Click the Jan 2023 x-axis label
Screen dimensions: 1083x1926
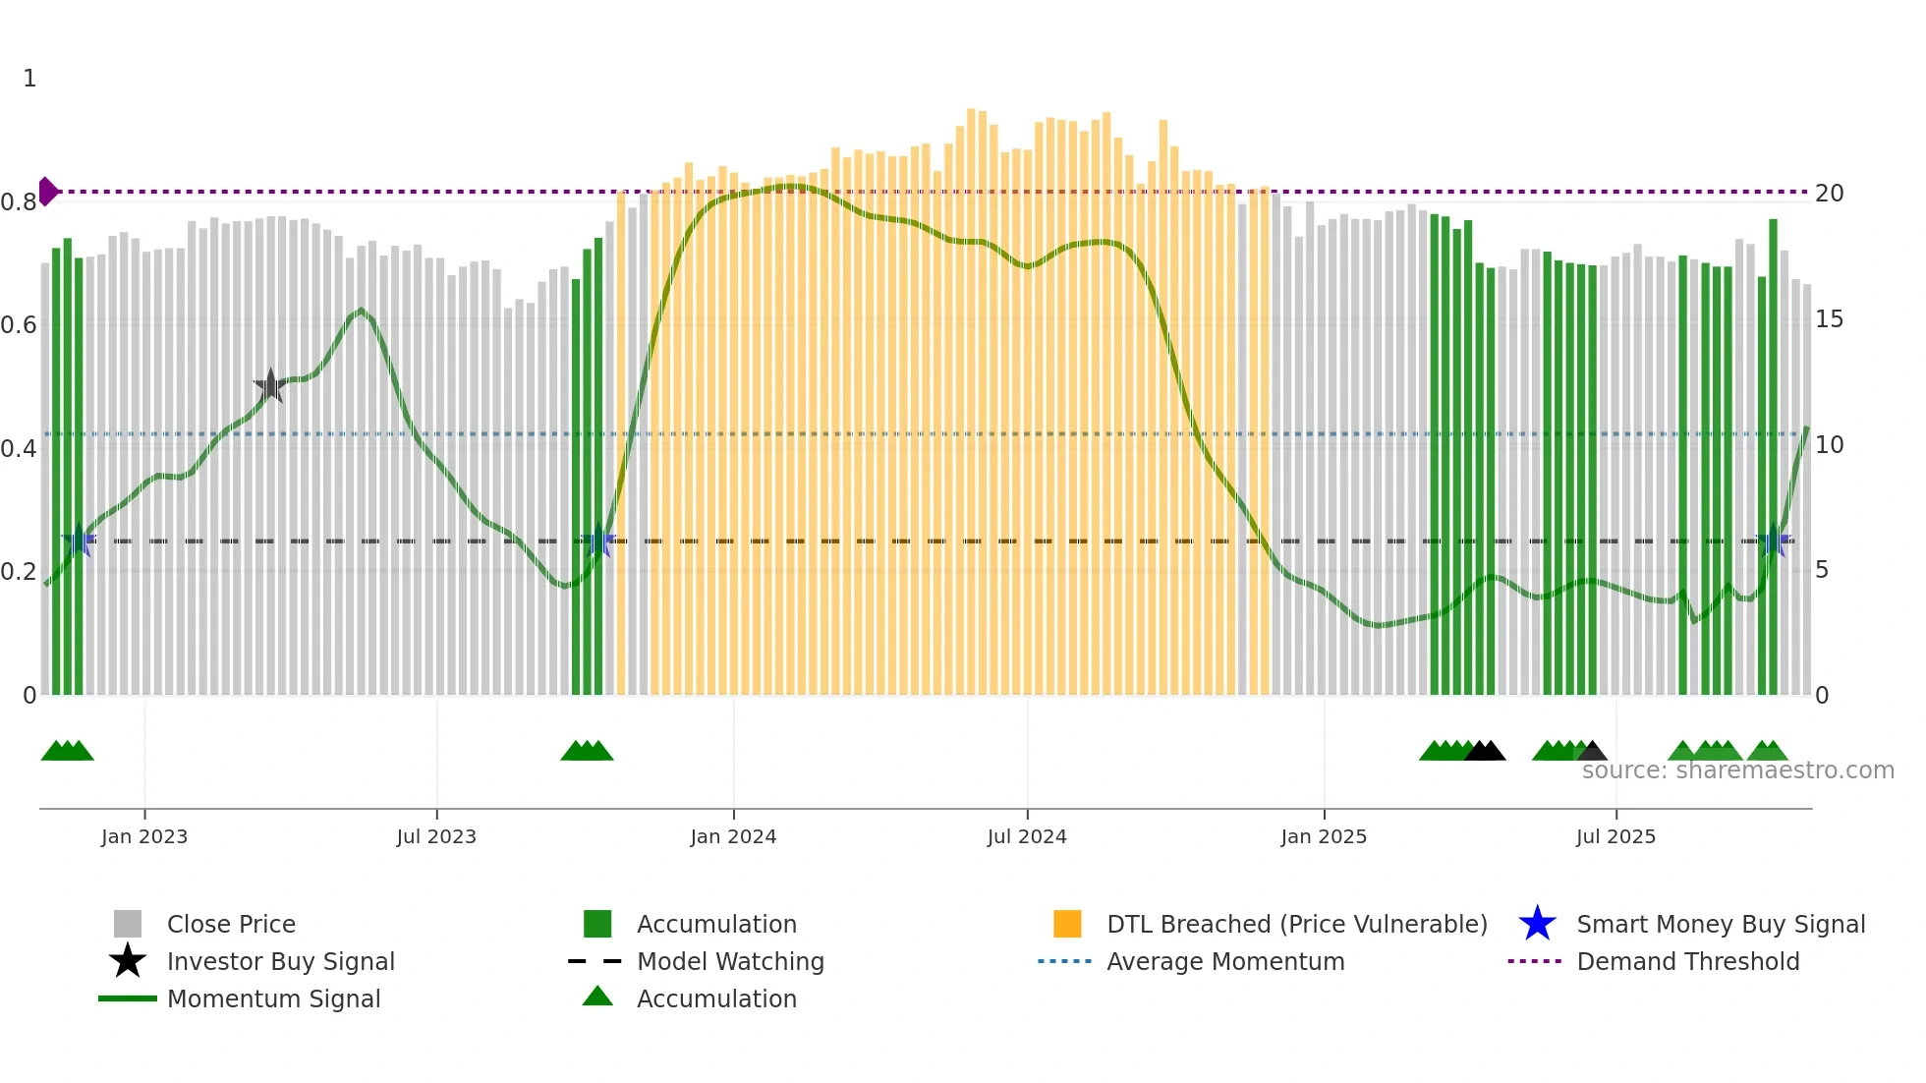(143, 837)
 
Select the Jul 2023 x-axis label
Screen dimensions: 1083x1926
(436, 837)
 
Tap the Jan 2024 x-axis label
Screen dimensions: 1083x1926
(733, 837)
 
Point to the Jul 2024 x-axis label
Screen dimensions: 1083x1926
(1027, 837)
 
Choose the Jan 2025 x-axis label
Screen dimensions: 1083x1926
(1324, 837)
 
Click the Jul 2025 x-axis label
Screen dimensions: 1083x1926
(1615, 837)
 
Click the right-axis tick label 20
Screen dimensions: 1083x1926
(1829, 194)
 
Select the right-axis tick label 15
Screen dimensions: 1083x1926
(1829, 319)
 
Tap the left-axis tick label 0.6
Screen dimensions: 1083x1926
(19, 325)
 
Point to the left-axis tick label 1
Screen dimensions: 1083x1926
(29, 79)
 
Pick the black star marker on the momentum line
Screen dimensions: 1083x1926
(270, 385)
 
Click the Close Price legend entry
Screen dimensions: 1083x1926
(231, 925)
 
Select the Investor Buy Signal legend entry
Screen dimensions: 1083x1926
(280, 962)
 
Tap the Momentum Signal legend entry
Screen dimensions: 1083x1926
(273, 999)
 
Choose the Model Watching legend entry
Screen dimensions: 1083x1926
(730, 962)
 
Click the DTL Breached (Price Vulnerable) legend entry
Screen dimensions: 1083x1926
(1296, 925)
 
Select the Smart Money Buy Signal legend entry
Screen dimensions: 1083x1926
(1721, 925)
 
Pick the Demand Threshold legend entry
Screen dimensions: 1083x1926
(1687, 962)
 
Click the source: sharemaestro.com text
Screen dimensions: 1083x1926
(1737, 770)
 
